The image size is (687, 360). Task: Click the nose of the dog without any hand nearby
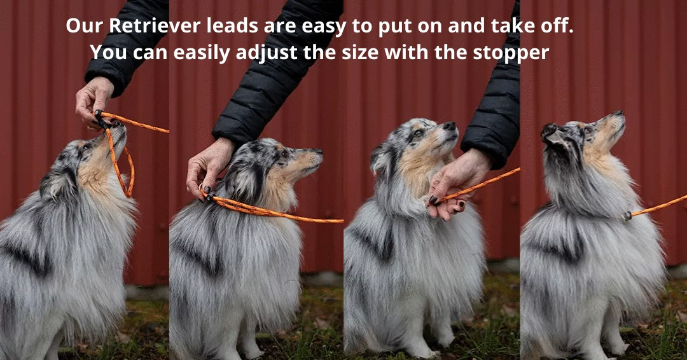coord(618,114)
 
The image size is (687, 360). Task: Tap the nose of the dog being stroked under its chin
coord(450,126)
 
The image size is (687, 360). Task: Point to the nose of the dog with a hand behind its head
coord(318,151)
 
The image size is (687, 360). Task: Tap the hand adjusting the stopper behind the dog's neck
coord(209,167)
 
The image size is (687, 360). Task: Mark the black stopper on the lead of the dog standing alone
coord(628,216)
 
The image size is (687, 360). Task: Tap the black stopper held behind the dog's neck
coord(209,195)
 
